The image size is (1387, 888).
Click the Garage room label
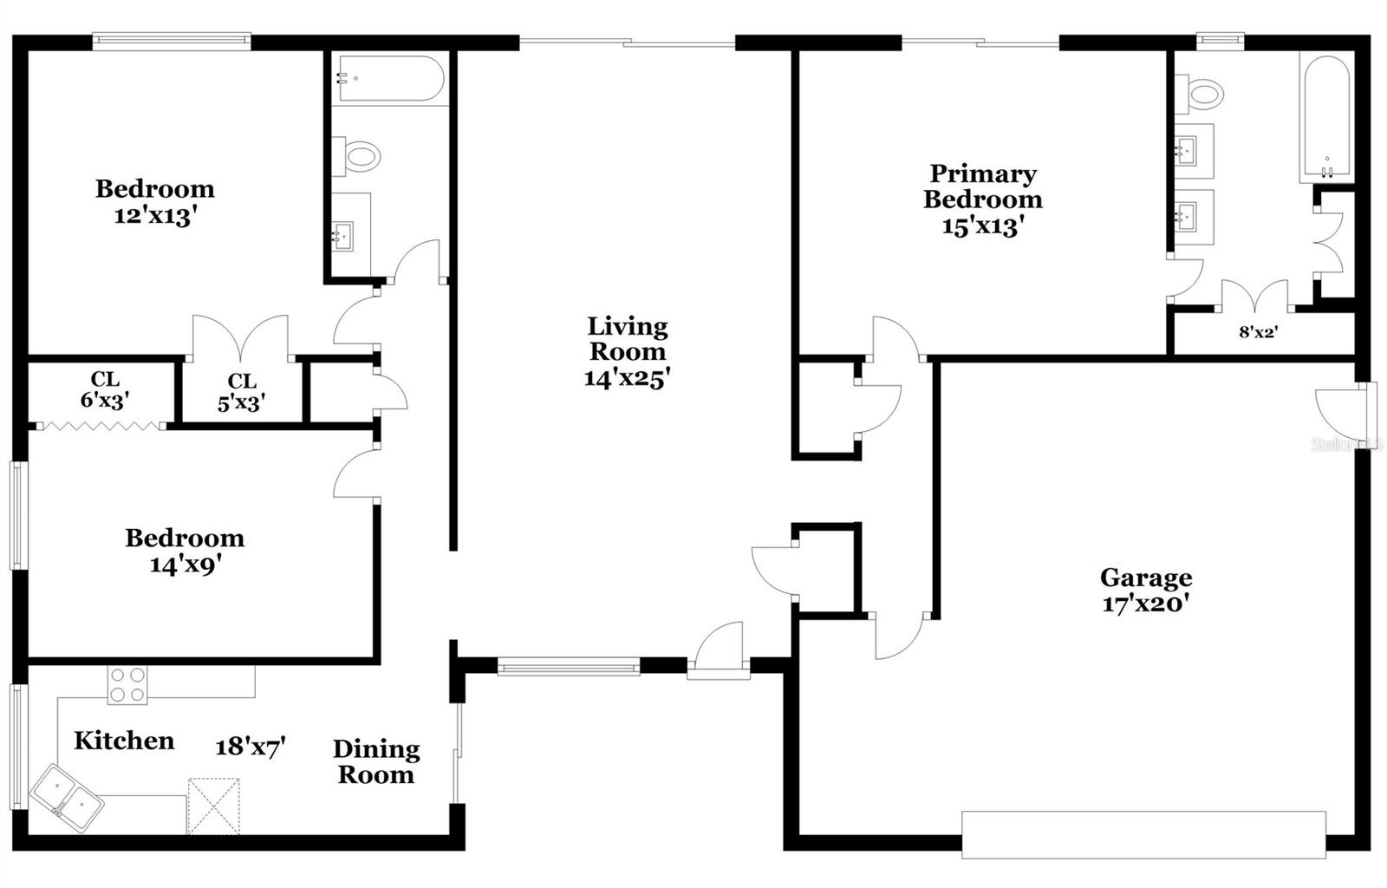(x=1145, y=578)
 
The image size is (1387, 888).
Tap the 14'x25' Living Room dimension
(x=627, y=378)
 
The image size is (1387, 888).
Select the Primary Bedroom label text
(x=982, y=186)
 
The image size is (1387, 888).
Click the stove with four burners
(x=127, y=684)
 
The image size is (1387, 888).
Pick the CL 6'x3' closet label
(x=105, y=389)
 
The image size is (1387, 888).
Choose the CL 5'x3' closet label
(x=242, y=392)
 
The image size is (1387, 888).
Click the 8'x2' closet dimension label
(x=1258, y=331)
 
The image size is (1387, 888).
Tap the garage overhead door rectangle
(x=1143, y=834)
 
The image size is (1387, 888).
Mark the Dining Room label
(x=376, y=761)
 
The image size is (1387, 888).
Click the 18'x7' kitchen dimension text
(x=251, y=747)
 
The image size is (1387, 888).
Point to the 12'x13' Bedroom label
(x=154, y=201)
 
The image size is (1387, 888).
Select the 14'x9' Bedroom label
(x=185, y=551)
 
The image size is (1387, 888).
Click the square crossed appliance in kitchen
(x=214, y=806)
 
